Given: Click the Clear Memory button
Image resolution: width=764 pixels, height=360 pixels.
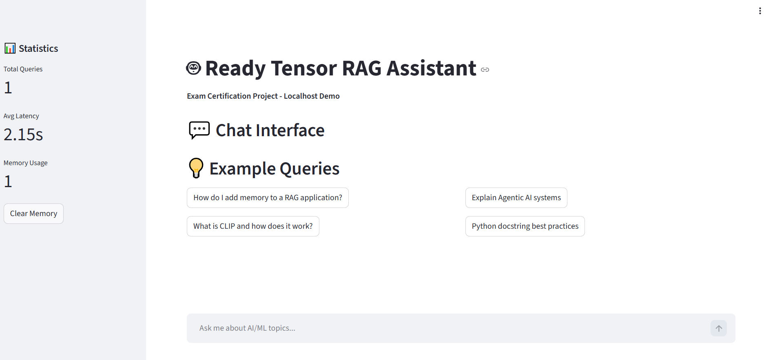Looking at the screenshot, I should point(33,214).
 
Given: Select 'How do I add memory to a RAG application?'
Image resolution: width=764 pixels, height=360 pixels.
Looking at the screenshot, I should point(268,198).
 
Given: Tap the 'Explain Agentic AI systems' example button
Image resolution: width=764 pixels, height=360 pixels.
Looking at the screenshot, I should point(516,198).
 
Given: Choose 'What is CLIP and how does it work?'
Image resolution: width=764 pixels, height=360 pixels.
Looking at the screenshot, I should point(253,226).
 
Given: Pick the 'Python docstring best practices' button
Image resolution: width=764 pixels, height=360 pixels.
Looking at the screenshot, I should point(525,226).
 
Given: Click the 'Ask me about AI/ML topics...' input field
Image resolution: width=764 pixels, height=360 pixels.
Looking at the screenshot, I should point(449,328).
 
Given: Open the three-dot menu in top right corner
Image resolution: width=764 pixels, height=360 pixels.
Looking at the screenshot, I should point(760,11).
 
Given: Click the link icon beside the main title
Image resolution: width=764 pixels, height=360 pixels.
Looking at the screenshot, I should point(485,70).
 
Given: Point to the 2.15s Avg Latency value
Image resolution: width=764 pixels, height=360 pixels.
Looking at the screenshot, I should point(23,135).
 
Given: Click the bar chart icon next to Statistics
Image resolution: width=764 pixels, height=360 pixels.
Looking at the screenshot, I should point(10,49).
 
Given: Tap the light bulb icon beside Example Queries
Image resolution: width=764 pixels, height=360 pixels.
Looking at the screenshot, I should point(196,168).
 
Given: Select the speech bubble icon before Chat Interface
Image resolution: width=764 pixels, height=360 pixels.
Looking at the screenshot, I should point(199,130).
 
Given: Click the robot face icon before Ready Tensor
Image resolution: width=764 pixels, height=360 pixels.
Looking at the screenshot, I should point(193,68).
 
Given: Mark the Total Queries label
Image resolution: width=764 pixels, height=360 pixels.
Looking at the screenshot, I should point(23,69).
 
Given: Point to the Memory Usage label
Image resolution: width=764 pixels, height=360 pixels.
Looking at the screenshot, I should point(26,163).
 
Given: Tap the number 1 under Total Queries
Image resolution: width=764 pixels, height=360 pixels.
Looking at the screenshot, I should point(8,88).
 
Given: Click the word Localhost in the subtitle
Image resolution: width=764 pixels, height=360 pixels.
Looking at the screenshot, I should point(300,96).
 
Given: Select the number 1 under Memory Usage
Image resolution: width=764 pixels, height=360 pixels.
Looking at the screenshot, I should point(8,181).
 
